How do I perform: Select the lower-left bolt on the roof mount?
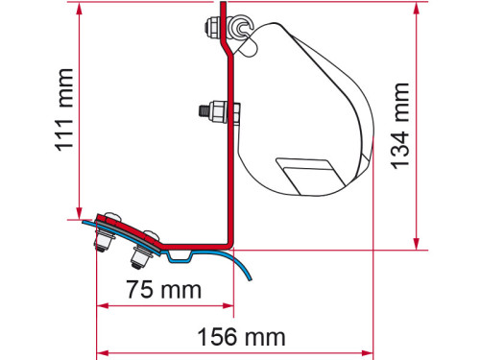tap(100, 242)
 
